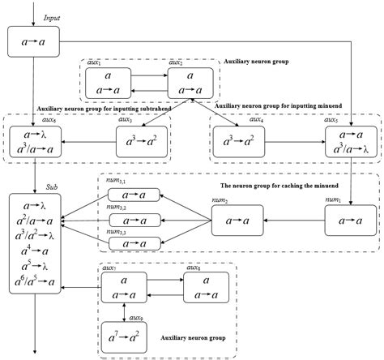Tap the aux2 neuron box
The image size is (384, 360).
[190, 83]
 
